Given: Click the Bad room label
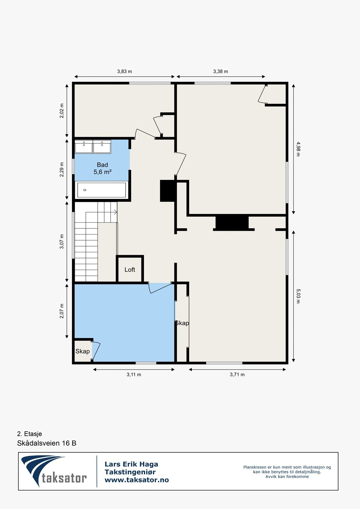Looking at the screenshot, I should [x=102, y=165].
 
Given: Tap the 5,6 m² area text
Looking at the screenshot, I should [x=102, y=172].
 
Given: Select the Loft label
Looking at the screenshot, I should [x=130, y=270].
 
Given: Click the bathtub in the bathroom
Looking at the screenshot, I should [x=102, y=190].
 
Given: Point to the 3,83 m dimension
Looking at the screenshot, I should [x=124, y=72].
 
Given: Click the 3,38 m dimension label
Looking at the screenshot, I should [x=221, y=72].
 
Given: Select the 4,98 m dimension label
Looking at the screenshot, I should [x=298, y=149].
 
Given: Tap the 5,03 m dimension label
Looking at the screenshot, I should [x=298, y=296].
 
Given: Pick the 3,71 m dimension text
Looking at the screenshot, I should [x=237, y=375].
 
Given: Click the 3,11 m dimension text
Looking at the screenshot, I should [x=134, y=375].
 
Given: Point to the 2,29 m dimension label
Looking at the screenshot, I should [x=62, y=170].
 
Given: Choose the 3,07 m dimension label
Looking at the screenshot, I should [x=62, y=241].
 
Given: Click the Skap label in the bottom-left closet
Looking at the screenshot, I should [x=82, y=351].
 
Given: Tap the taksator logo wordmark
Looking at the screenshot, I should [x=64, y=478].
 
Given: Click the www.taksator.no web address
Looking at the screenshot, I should [x=137, y=480].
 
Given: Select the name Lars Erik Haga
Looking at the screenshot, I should [x=131, y=464].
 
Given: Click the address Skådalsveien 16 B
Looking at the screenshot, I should [x=47, y=443].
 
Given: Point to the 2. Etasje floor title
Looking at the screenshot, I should [x=30, y=434].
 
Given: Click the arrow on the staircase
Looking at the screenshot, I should [x=114, y=212].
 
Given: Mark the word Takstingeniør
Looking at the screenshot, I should [x=130, y=472].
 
